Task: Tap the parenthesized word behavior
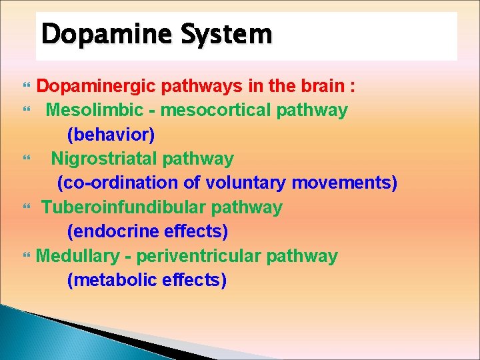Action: [x=111, y=135]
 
